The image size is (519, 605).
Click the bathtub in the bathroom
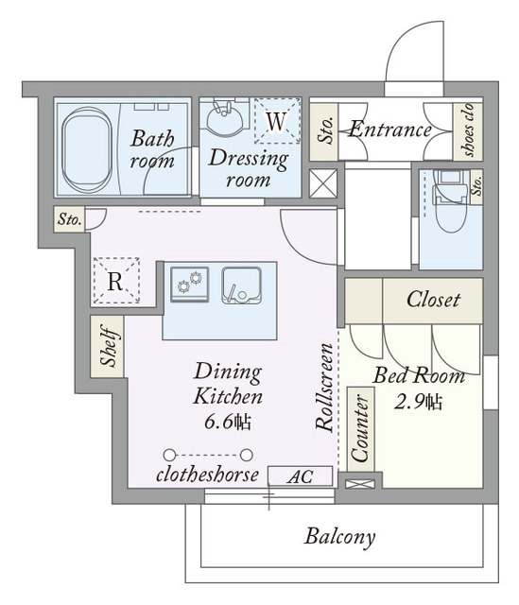click(87, 150)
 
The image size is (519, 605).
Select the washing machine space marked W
click(277, 121)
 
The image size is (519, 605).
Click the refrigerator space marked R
click(116, 281)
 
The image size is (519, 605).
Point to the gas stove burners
click(190, 284)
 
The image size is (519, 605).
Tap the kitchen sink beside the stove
click(242, 285)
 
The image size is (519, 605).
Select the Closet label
click(433, 300)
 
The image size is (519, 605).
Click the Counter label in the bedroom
click(360, 428)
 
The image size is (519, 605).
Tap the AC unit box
click(301, 476)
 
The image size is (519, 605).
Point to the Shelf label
click(108, 346)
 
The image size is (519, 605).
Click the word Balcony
click(339, 536)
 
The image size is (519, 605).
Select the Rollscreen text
click(324, 387)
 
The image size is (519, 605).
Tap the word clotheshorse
click(207, 475)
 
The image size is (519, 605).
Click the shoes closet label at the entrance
click(468, 130)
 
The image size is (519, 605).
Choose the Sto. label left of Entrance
click(325, 130)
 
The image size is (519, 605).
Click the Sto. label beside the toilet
click(477, 186)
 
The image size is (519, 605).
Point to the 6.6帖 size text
click(228, 423)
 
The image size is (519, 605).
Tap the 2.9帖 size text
click(418, 403)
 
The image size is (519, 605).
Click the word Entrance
click(389, 130)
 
